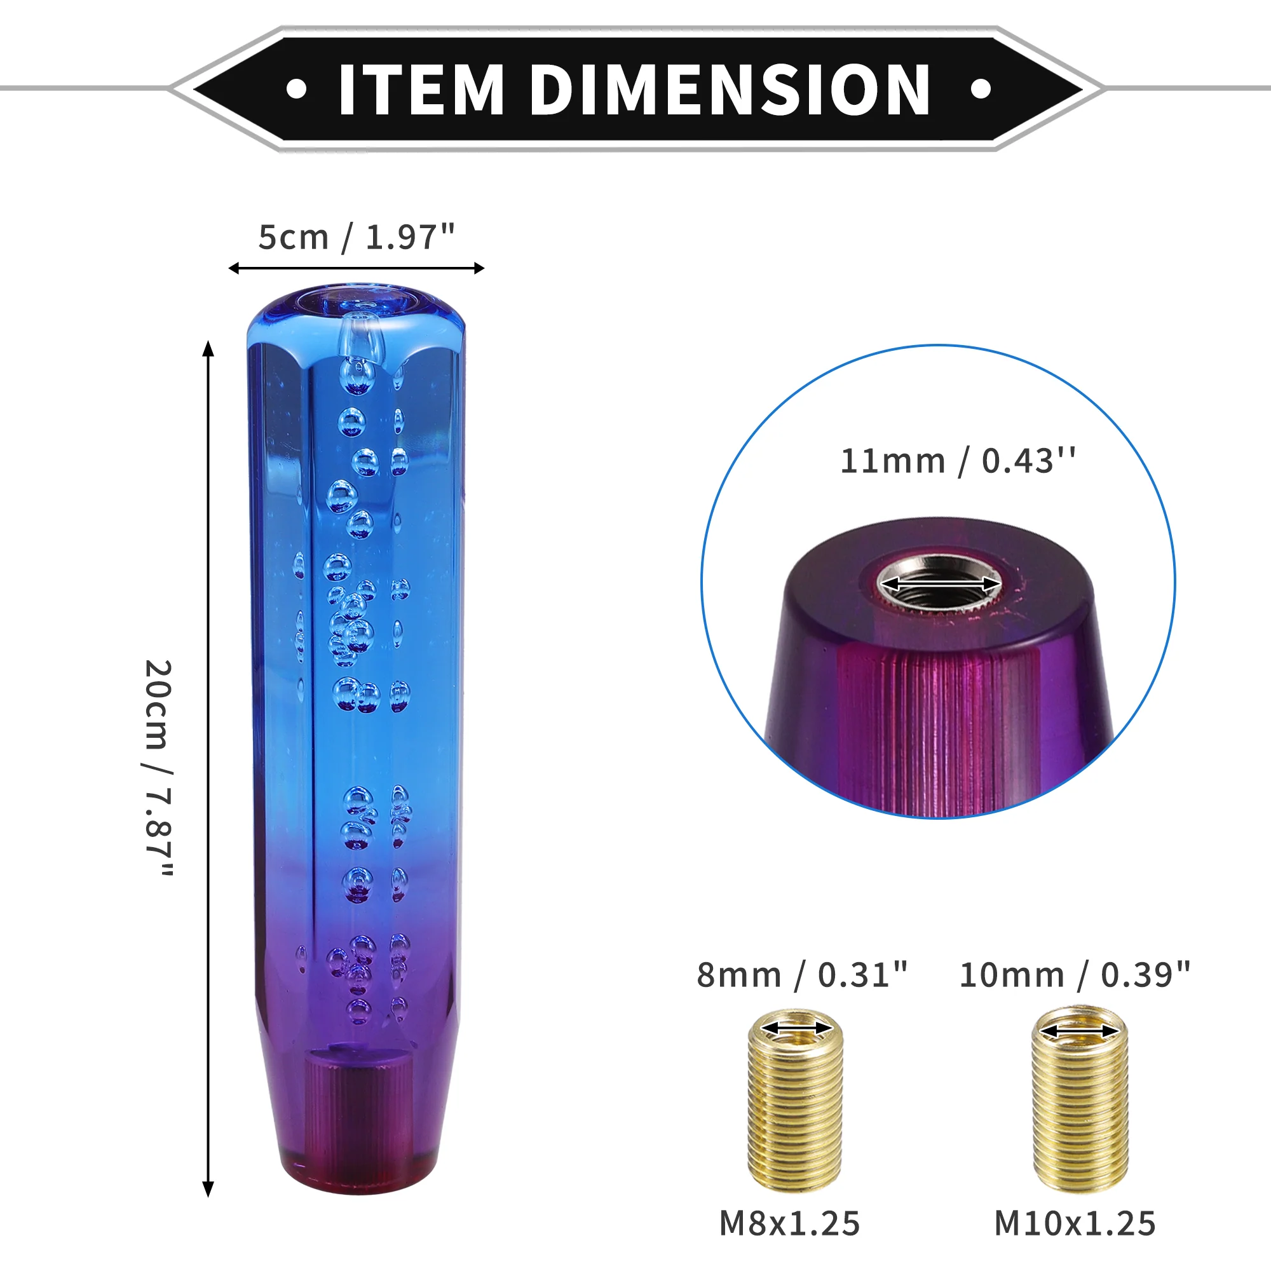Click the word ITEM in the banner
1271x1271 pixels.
click(421, 90)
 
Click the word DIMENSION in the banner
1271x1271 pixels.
click(730, 90)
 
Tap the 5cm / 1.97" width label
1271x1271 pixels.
click(357, 238)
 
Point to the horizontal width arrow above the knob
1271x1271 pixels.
click(357, 268)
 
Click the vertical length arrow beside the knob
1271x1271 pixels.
click(208, 769)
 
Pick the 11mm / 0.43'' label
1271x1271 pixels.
click(958, 461)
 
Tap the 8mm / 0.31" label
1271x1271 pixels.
click(802, 975)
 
